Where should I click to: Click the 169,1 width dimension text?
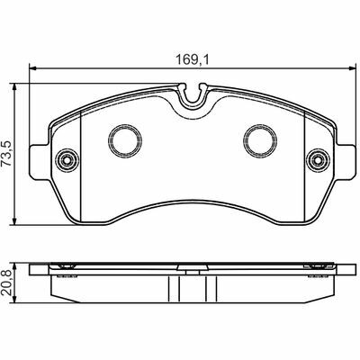click(192, 60)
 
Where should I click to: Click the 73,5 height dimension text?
click(6, 154)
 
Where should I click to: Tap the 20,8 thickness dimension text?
click(6, 283)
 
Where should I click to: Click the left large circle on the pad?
click(125, 140)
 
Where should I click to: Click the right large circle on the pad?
click(260, 140)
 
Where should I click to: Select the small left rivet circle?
click(67, 160)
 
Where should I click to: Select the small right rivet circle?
click(318, 160)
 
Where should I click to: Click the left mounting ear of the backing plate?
click(40, 162)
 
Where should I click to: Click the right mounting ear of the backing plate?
click(345, 162)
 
